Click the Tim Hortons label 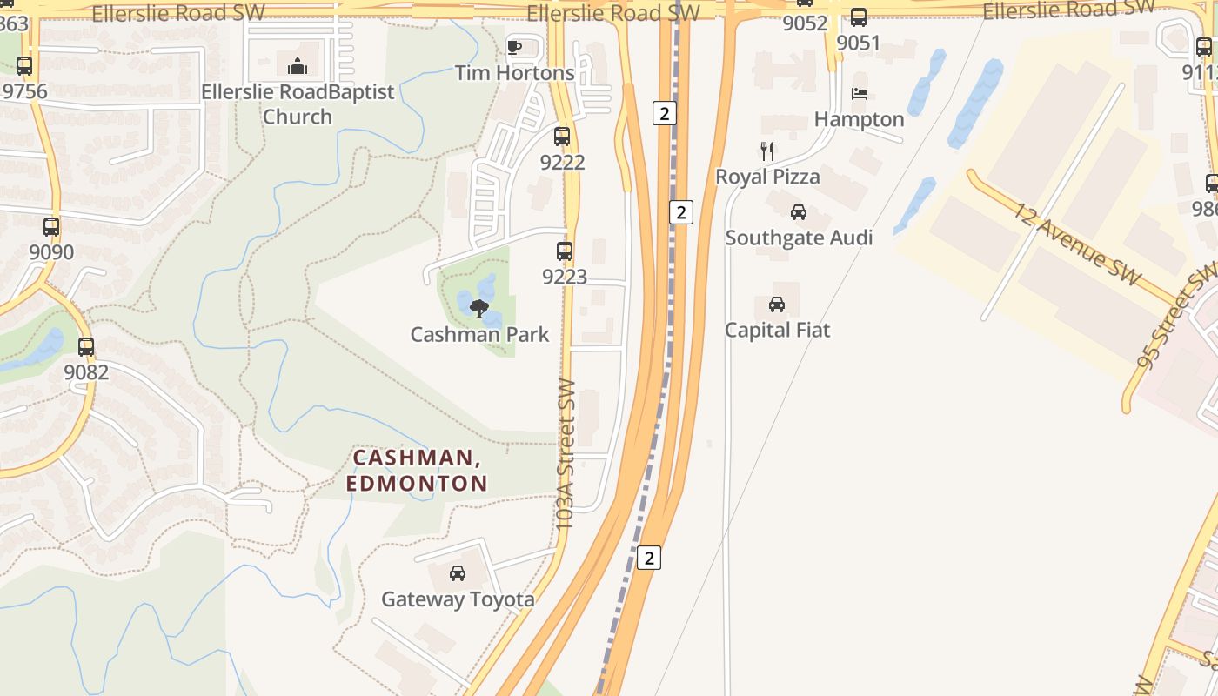point(514,73)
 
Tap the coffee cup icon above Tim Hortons point(514,47)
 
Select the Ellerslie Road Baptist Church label point(298,104)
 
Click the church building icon point(298,65)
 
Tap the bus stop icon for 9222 point(562,137)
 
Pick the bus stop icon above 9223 point(565,251)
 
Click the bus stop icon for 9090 point(51,227)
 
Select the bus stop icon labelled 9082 point(86,347)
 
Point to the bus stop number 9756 point(25,91)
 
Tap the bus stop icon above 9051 point(859,17)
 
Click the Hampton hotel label point(859,119)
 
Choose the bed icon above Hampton point(860,94)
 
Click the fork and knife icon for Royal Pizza point(766,151)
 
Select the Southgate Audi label point(799,238)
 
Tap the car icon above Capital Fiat point(777,304)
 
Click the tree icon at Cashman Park point(478,308)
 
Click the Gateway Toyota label point(458,599)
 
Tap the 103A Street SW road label point(565,455)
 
